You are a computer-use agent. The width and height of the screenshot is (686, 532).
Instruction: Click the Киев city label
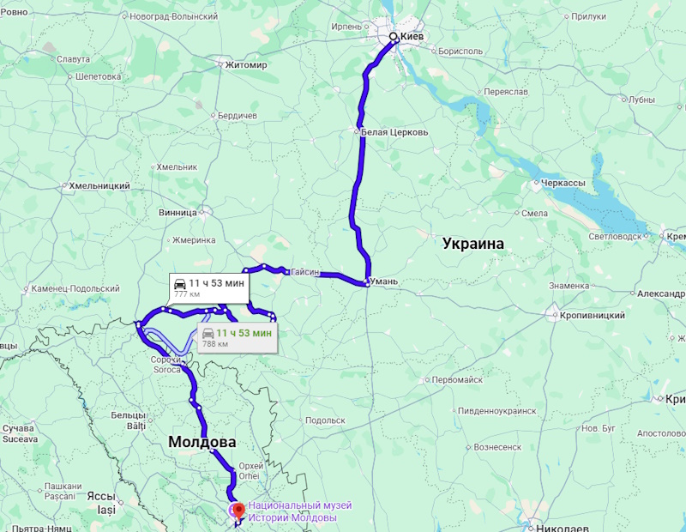412,37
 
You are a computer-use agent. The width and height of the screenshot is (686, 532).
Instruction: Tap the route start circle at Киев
393,37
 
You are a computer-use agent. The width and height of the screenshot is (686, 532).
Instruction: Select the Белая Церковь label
394,132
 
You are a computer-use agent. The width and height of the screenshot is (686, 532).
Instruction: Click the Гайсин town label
304,272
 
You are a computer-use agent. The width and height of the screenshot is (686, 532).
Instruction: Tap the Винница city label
178,213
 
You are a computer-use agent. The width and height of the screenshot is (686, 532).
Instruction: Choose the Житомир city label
248,64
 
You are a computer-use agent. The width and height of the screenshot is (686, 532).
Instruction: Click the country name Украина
473,244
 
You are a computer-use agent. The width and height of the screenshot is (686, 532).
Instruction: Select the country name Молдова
202,442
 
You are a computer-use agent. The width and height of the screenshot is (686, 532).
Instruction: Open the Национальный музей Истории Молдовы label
292,512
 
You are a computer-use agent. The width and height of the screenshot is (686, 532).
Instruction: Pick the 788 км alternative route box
236,337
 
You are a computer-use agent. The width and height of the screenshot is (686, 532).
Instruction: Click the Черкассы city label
562,183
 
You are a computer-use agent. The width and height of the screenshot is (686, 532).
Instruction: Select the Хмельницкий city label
99,185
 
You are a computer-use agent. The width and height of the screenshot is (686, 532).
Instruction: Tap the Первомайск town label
457,379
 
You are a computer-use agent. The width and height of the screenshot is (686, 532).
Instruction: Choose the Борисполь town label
460,51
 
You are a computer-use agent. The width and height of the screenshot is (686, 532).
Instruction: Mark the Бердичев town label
238,115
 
